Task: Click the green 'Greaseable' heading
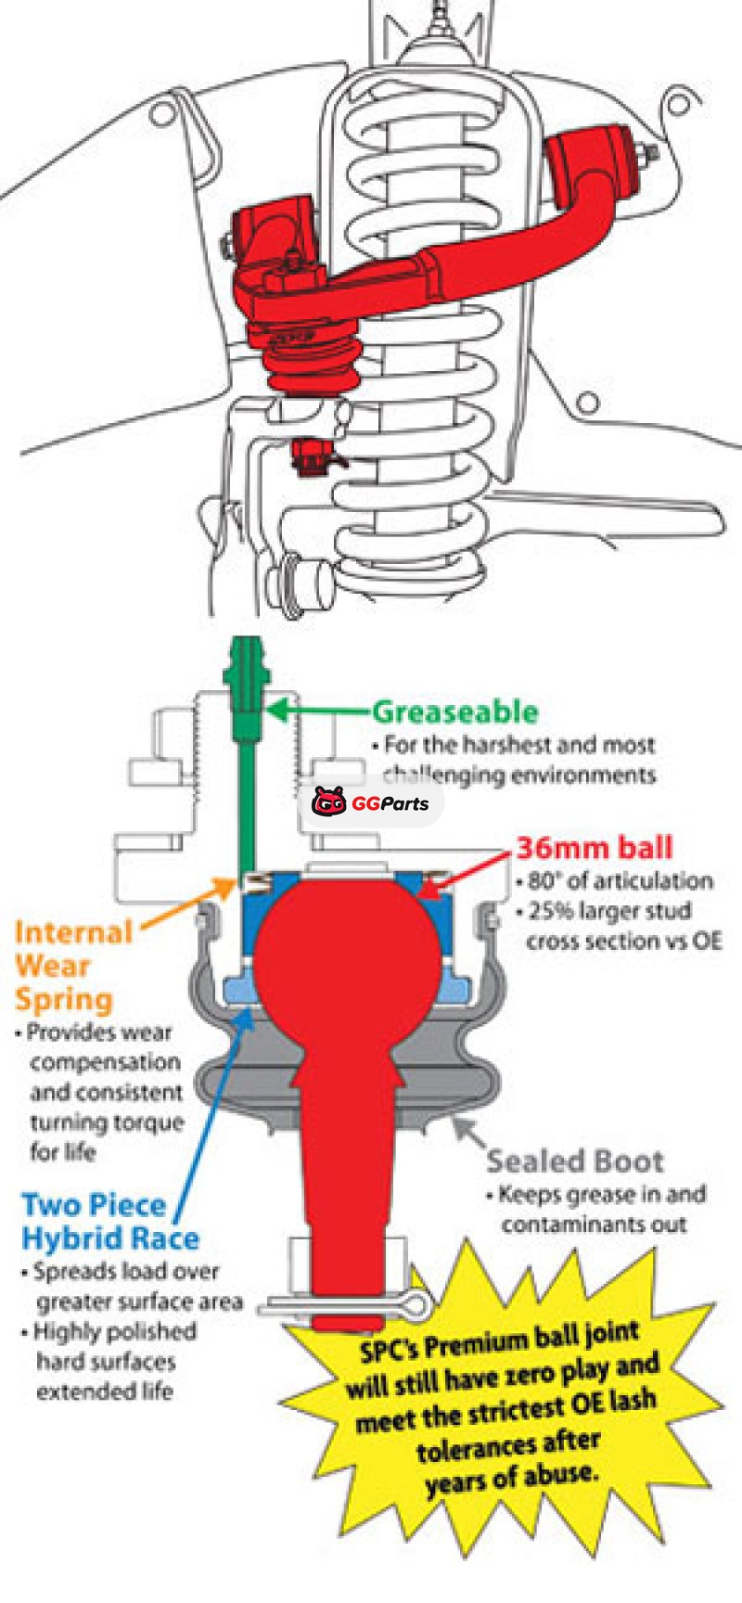[454, 712]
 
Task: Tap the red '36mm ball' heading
[594, 847]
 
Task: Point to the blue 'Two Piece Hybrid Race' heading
[109, 1222]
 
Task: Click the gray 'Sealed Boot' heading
[575, 1161]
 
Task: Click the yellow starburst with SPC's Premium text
[505, 1419]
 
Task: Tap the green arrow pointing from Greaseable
[315, 712]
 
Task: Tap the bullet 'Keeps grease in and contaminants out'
[598, 1209]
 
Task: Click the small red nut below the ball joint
[310, 455]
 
